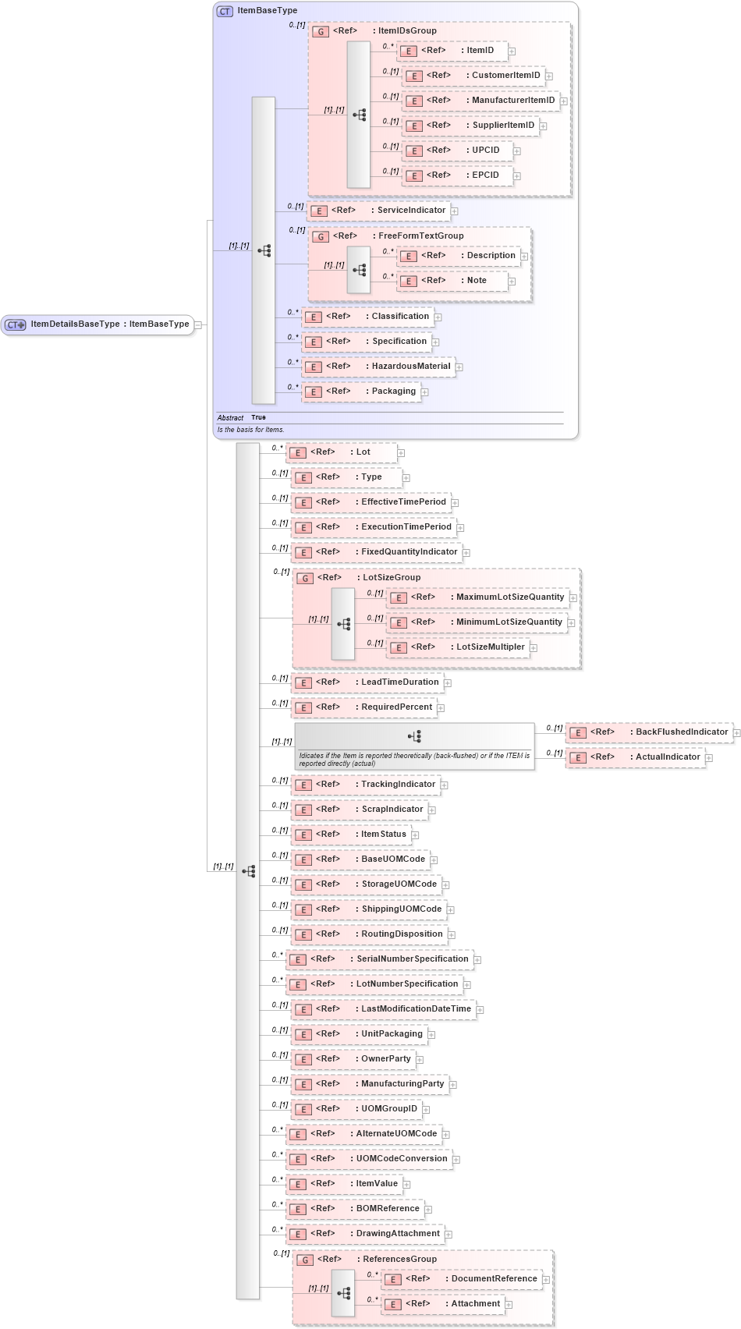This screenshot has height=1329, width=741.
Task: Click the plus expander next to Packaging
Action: tap(425, 392)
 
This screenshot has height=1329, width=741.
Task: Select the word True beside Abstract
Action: tap(258, 417)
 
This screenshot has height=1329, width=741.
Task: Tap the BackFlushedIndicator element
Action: tap(649, 732)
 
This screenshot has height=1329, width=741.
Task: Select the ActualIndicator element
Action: tap(635, 757)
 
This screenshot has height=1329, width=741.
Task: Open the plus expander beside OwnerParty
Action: tap(420, 1060)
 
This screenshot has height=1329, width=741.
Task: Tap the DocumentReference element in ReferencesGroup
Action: tap(464, 1279)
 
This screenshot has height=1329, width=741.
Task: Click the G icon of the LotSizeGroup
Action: tap(306, 579)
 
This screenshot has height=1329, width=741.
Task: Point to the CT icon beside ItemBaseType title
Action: tap(225, 11)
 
